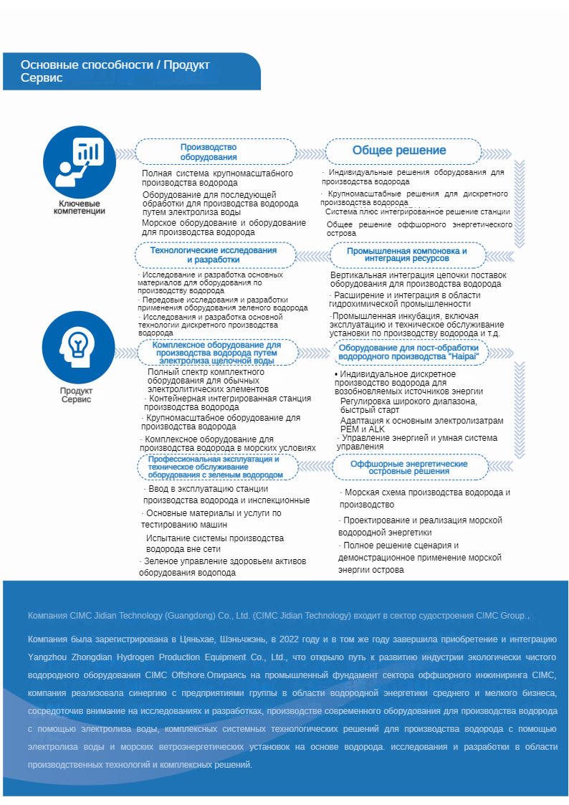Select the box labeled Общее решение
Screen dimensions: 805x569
click(398, 151)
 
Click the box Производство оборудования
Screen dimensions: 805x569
click(216, 152)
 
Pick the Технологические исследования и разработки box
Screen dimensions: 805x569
click(214, 255)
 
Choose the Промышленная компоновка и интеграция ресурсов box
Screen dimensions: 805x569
click(407, 255)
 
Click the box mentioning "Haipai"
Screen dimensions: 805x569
click(408, 351)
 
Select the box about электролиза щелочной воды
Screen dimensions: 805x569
click(216, 353)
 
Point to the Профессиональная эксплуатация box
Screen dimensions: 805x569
click(215, 467)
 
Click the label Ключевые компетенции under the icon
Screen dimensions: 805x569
click(80, 207)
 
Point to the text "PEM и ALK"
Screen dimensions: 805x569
click(363, 429)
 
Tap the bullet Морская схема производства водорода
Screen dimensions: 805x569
click(427, 492)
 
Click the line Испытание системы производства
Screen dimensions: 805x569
click(215, 538)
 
